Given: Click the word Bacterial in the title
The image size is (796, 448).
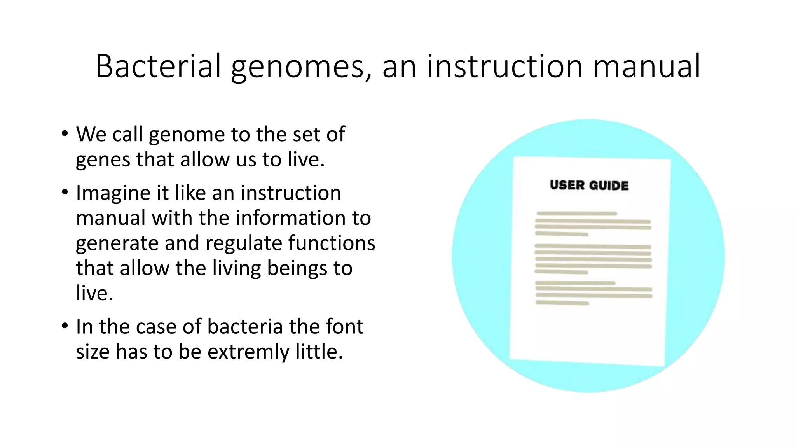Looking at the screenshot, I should (158, 66).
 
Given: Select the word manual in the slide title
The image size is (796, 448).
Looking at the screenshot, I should (647, 66).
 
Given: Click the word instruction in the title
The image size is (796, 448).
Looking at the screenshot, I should (505, 66).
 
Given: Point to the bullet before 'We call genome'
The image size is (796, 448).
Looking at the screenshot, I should (65, 134).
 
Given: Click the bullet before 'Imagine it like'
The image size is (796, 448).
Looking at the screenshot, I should (65, 192).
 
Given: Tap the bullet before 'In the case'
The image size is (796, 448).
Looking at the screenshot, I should (65, 326).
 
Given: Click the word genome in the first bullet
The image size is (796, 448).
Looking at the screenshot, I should (187, 135).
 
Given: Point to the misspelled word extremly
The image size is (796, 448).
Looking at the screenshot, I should (248, 352).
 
